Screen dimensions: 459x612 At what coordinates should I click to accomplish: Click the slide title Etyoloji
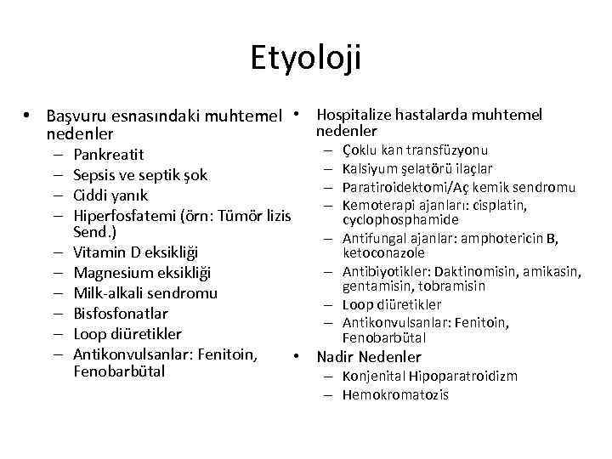[306, 59]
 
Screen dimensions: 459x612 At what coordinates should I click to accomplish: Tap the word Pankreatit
[109, 155]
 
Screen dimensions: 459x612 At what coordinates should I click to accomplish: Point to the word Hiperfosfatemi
[122, 215]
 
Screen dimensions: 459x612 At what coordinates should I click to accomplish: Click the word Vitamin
[99, 252]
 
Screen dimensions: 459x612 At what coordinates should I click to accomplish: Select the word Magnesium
[113, 273]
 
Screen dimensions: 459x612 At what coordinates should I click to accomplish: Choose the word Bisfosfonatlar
[121, 314]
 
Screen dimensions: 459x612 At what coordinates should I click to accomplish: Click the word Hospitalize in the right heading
[354, 115]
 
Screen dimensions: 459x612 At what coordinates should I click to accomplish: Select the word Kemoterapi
[377, 205]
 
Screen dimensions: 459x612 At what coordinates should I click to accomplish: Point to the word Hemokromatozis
[395, 394]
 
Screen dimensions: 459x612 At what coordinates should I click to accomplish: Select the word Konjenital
[374, 377]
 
